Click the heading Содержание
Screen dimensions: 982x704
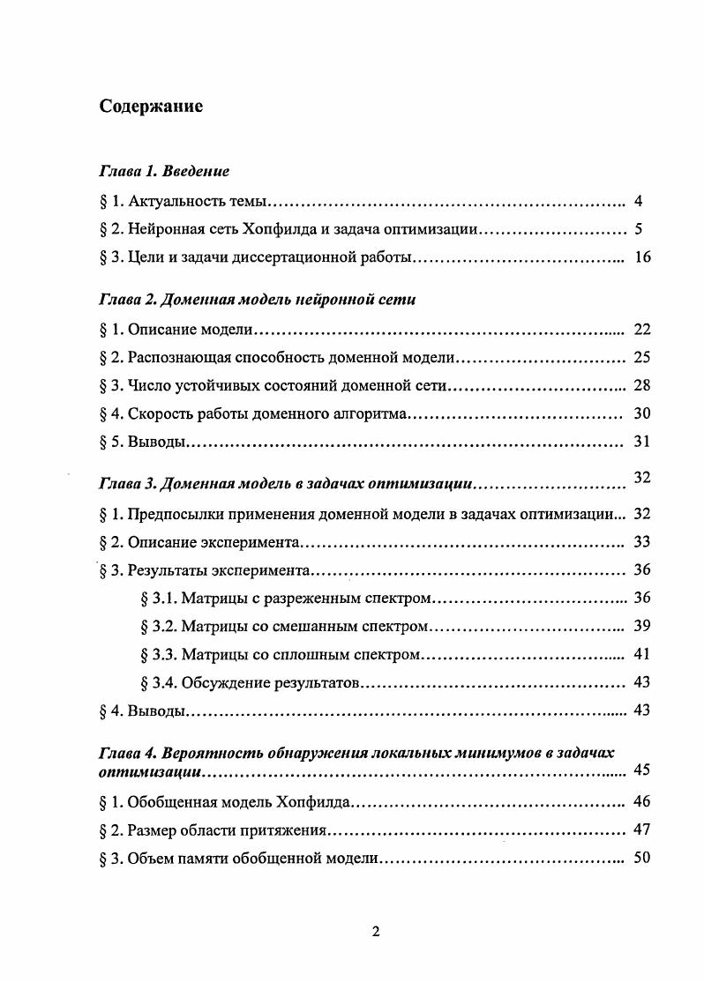[151, 108]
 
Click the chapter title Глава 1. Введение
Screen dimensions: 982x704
[164, 171]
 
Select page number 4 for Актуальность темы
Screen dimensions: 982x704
[638, 201]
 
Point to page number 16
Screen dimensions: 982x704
[641, 258]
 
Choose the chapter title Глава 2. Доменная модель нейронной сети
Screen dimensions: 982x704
[257, 300]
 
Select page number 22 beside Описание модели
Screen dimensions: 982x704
[641, 330]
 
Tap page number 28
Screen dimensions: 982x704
[641, 386]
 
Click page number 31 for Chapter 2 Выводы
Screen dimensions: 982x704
[641, 443]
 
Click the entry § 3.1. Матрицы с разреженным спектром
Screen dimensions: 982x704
[285, 599]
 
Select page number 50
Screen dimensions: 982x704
[641, 857]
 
